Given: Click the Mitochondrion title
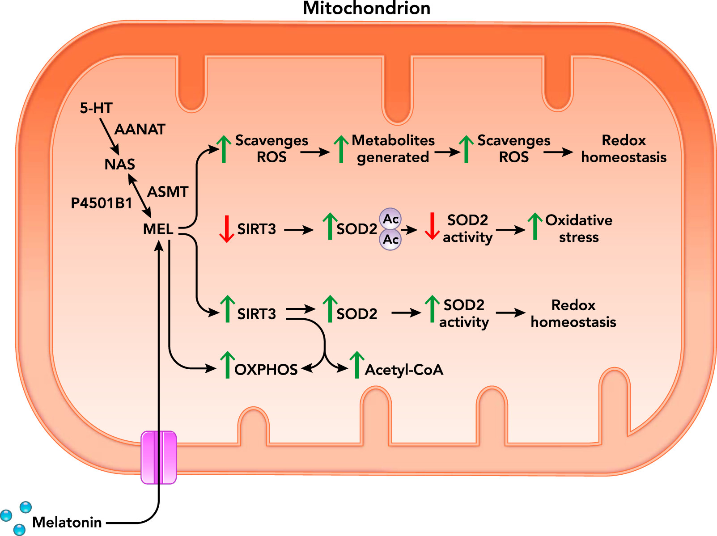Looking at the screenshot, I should point(366,8).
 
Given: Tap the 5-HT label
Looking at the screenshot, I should point(96,108).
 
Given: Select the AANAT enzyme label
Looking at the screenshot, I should point(140,130).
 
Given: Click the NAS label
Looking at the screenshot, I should point(119,165).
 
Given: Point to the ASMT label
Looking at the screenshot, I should point(168,192).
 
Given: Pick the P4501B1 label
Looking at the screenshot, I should point(102,203).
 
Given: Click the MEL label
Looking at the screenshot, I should point(158,229).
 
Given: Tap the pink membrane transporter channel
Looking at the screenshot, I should point(159,457).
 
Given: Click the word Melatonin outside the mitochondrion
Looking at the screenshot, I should point(67,522).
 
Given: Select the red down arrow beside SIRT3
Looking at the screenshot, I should point(227,229).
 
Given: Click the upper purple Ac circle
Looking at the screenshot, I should point(390,219).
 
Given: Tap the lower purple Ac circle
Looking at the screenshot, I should point(390,240).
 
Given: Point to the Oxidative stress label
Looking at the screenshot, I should point(578,228).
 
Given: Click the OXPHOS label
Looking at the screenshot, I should point(266,370).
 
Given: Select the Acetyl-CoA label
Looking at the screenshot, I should point(404,370).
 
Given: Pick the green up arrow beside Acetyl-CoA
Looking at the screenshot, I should point(356,365).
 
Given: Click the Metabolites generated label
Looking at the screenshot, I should point(393,149).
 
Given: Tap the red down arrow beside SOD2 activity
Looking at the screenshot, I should point(432,226).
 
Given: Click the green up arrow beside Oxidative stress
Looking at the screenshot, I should point(535,226).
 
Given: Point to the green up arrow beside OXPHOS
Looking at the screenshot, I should point(227,365).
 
